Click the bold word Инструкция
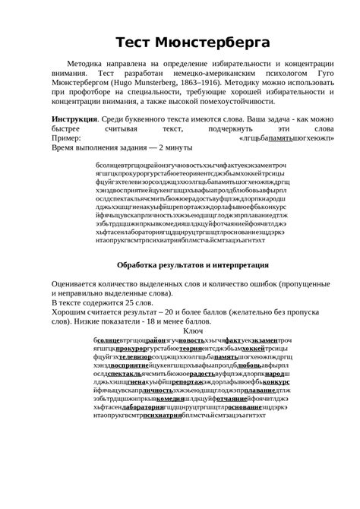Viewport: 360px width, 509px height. (74, 121)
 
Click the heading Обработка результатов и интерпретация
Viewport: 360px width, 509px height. (193, 265)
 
